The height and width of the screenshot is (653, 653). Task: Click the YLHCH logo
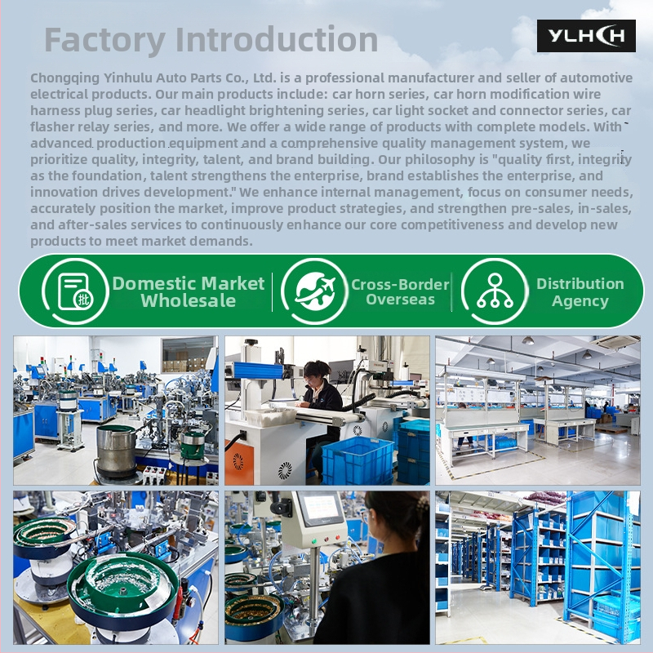pyautogui.click(x=586, y=36)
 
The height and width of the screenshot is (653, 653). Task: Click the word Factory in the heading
pyautogui.click(x=104, y=40)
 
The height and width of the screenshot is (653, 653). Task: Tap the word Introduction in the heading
pyautogui.click(x=277, y=39)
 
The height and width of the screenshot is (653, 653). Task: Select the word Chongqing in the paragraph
pyautogui.click(x=64, y=78)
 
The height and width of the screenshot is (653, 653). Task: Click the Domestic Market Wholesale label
pyautogui.click(x=189, y=292)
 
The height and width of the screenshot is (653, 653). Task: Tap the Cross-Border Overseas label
pyautogui.click(x=400, y=292)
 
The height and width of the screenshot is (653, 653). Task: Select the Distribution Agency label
pyautogui.click(x=580, y=292)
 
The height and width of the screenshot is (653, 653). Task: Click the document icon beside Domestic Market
pyautogui.click(x=75, y=292)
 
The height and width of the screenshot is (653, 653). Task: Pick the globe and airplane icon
pyautogui.click(x=315, y=291)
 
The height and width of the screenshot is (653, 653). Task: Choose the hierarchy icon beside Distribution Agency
pyautogui.click(x=495, y=291)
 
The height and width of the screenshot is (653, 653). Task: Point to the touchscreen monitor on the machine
pyautogui.click(x=321, y=509)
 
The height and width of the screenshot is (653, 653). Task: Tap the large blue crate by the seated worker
pyautogui.click(x=358, y=460)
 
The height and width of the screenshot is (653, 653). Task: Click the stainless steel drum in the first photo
pyautogui.click(x=116, y=451)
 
